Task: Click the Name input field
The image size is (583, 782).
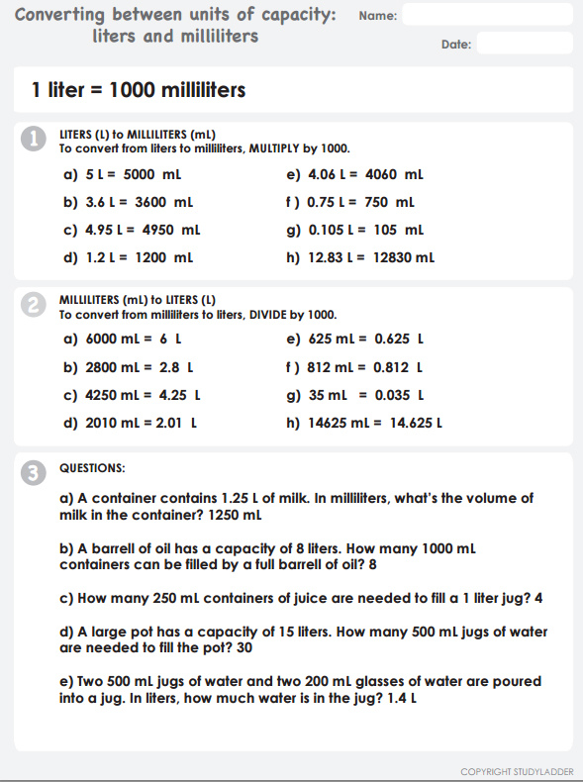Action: (488, 15)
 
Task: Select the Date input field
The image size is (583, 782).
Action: (525, 44)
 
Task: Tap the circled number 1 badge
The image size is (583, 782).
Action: (34, 142)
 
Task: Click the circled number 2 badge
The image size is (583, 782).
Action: (34, 308)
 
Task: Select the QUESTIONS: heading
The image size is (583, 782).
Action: (92, 467)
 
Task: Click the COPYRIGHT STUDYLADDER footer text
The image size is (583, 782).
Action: (516, 771)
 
